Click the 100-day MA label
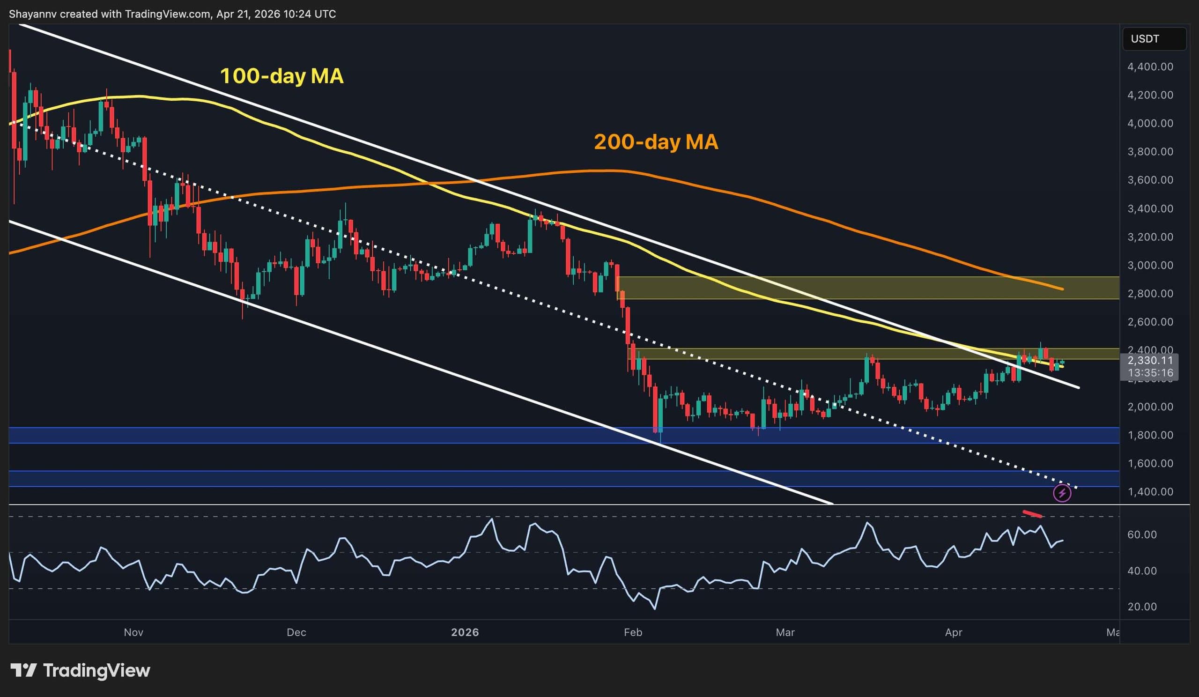coord(281,76)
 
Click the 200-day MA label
coord(656,142)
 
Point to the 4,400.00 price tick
coord(1150,67)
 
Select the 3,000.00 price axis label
coord(1150,265)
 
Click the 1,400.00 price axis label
coord(1150,491)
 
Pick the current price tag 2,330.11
coord(1150,361)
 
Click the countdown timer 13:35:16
coord(1150,372)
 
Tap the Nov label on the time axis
coord(133,632)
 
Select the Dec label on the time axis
coord(296,632)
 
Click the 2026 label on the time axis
coord(465,632)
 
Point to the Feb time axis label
coord(632,632)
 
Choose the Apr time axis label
coord(954,632)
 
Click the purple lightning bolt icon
coord(1062,493)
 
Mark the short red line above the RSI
coord(1032,514)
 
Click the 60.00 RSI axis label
coord(1142,534)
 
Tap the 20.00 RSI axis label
coord(1142,607)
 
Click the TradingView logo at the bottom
coord(80,671)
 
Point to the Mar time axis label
coord(785,632)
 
